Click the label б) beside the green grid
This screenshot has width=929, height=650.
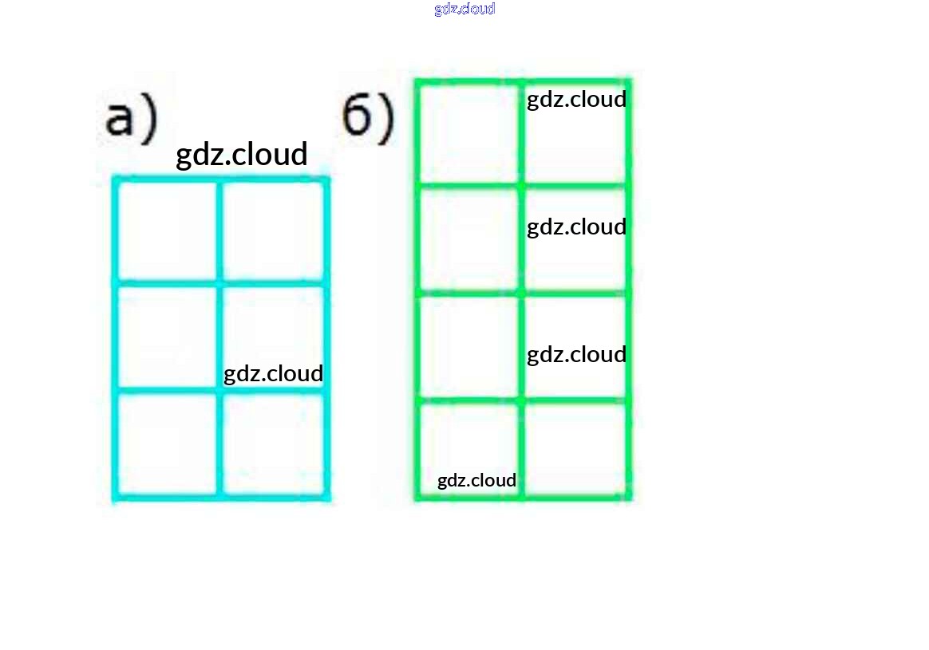click(368, 120)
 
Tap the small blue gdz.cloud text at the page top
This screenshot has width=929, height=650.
click(465, 9)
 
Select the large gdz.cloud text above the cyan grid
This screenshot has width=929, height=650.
click(241, 155)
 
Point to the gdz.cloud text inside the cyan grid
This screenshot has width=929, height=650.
click(273, 373)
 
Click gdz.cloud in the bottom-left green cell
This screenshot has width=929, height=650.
click(476, 480)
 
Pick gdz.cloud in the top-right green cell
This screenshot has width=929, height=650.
click(576, 100)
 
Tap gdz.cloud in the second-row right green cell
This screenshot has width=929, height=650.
click(576, 227)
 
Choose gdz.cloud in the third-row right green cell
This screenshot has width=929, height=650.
click(576, 354)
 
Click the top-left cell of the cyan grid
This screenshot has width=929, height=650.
click(168, 230)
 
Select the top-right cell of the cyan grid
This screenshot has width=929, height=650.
click(272, 230)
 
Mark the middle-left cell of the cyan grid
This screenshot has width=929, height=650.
click(168, 337)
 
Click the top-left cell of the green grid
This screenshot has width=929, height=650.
click(469, 133)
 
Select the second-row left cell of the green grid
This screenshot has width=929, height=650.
click(469, 239)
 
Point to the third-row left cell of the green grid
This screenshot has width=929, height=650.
click(469, 347)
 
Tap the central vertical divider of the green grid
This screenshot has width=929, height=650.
click(522, 291)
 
